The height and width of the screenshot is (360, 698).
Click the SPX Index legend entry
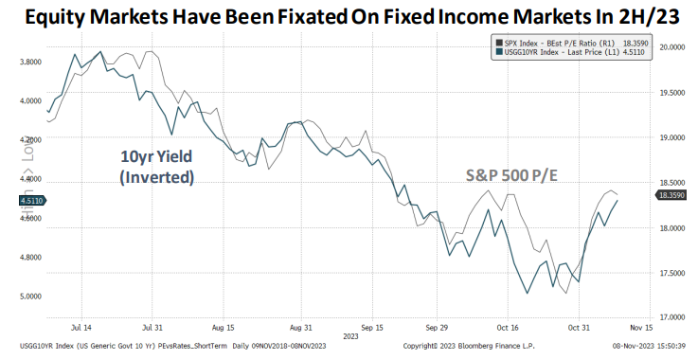pos(568,43)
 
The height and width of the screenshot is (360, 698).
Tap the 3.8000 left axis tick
pos(28,62)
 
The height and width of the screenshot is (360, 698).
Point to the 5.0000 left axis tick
pos(28,296)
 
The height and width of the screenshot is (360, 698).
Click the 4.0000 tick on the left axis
pos(28,100)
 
